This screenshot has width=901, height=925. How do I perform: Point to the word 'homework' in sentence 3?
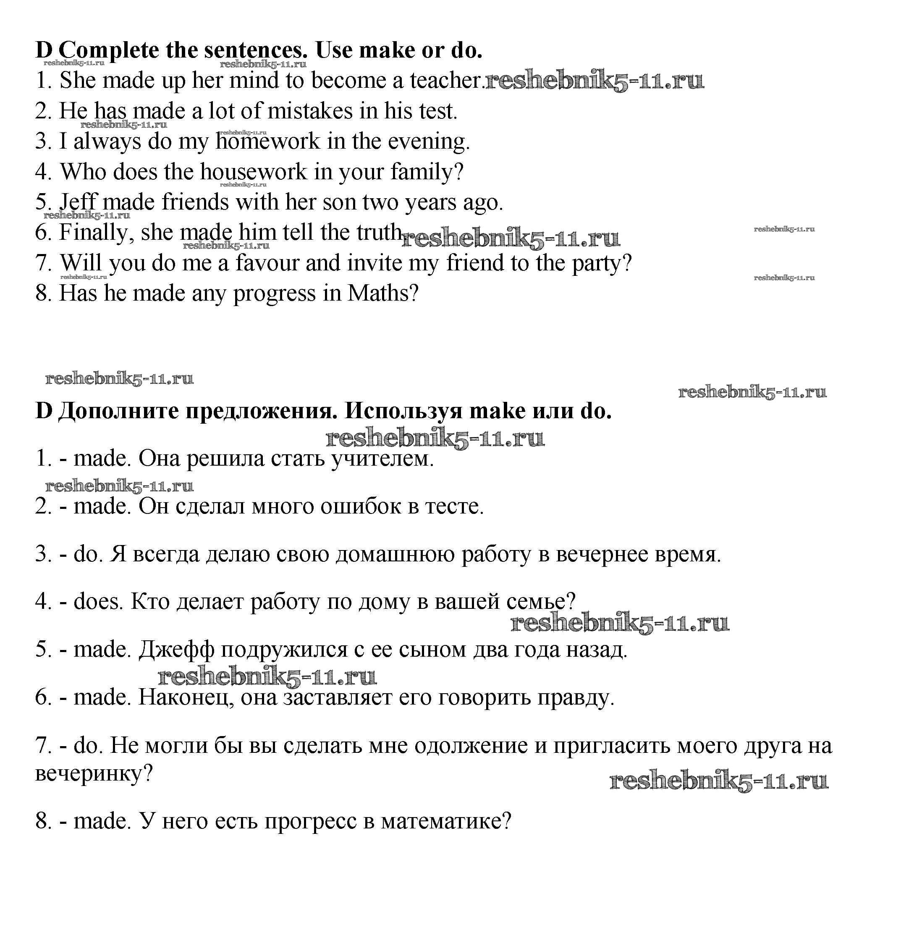(268, 142)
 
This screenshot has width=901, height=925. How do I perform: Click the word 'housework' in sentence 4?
(254, 172)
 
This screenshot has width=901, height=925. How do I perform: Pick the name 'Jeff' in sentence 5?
(78, 202)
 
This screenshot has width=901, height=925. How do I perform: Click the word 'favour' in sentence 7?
(267, 263)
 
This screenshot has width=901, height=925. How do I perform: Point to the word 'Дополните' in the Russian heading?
(118, 411)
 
